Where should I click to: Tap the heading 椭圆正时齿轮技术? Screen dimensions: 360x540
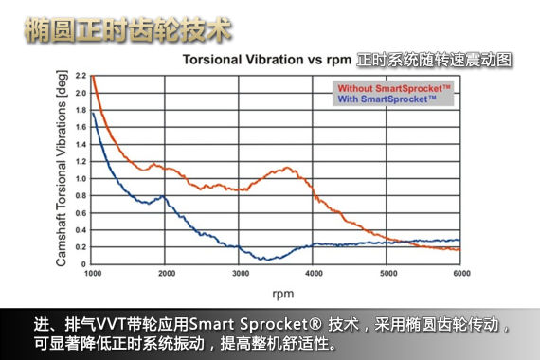pos(128,29)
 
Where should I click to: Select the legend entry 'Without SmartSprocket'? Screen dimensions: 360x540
pos(393,87)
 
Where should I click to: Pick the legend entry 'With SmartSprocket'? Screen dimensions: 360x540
pos(386,99)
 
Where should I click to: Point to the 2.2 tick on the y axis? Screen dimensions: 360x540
pos(80,76)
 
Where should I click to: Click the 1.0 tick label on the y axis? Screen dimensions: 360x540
pos(80,178)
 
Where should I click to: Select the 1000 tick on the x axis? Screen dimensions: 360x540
pos(92,275)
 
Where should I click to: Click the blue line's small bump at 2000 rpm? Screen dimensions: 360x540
pos(164,196)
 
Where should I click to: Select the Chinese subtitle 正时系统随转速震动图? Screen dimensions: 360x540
pos(434,59)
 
